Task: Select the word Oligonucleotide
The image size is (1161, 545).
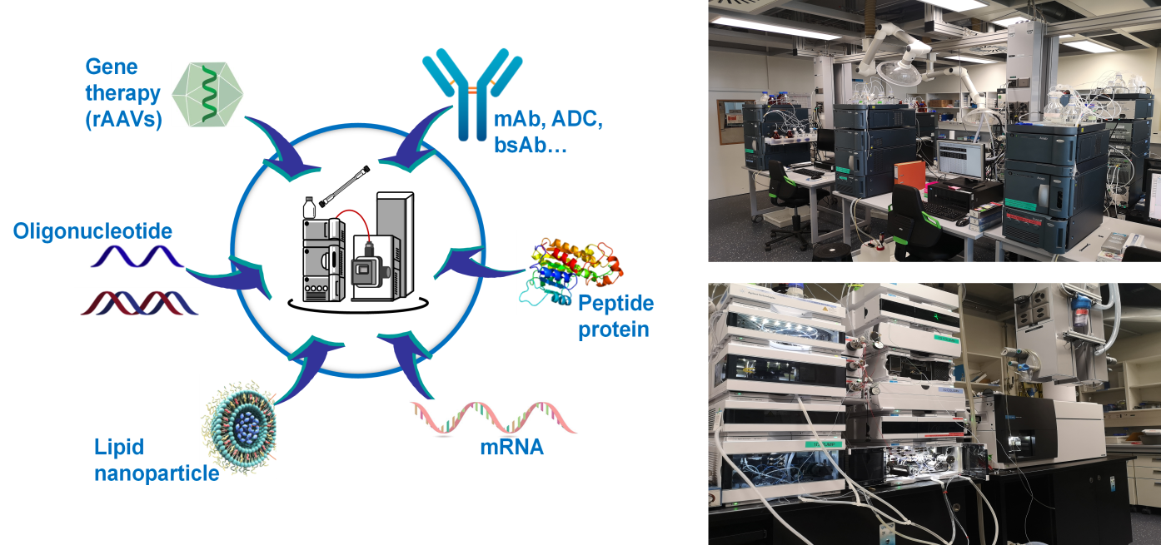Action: click(92, 230)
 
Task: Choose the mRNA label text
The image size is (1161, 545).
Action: click(511, 447)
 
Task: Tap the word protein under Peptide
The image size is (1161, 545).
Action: click(614, 329)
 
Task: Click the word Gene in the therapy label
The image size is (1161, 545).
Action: click(111, 67)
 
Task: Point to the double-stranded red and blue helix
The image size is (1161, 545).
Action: click(138, 303)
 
